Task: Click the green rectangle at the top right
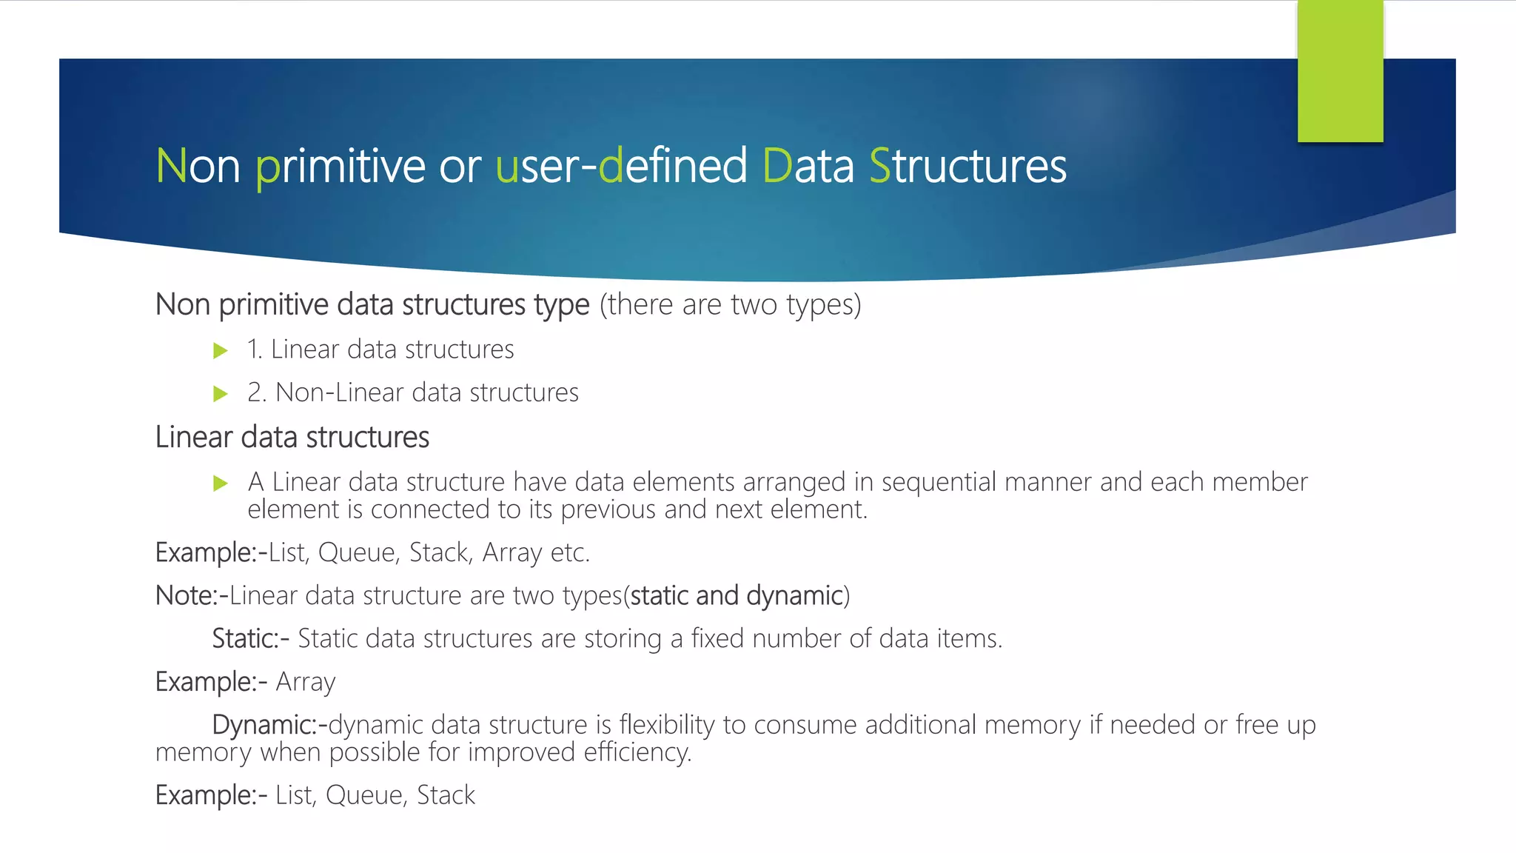coord(1340,71)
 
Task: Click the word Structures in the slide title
coord(967,166)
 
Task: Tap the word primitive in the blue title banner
coord(340,166)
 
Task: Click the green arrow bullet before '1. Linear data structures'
coord(220,350)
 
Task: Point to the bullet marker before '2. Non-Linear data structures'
coord(220,393)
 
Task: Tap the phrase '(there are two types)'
coord(730,304)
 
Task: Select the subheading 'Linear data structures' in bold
coord(292,437)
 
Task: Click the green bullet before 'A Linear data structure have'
coord(220,484)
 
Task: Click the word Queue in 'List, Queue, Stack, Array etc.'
coord(356,552)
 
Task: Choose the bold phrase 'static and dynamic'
coord(737,595)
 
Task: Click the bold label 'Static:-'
coord(250,638)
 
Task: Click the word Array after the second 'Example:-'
coord(305,682)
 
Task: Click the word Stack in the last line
coord(446,795)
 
